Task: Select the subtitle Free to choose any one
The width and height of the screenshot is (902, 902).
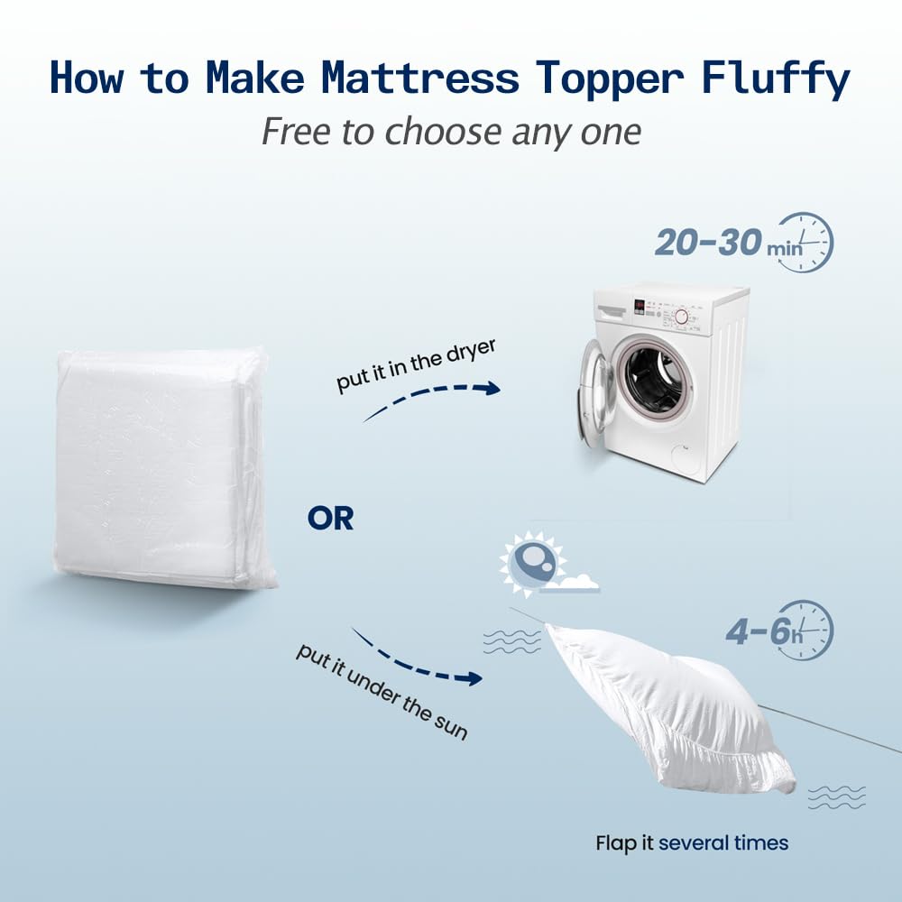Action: pos(451,132)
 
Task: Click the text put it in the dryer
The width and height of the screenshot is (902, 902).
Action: pos(403,364)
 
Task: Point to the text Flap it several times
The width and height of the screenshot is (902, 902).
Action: pos(692,843)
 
